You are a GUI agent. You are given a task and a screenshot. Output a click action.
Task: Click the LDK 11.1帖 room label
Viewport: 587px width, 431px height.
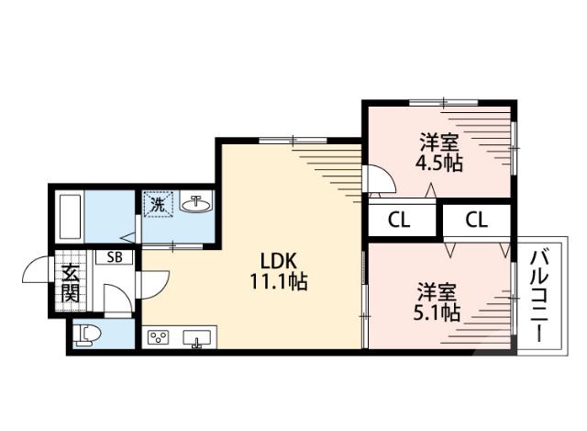click(278, 271)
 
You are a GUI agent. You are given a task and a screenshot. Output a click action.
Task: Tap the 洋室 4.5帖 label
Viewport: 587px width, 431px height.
click(439, 152)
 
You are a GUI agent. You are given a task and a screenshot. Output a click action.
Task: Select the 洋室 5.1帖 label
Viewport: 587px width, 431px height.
click(437, 302)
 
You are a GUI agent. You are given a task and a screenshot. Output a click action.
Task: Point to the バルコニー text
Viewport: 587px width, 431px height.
click(539, 297)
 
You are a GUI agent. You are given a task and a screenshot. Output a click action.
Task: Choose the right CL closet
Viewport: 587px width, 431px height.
click(477, 221)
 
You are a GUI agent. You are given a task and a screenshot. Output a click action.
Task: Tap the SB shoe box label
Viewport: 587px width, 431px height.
click(114, 257)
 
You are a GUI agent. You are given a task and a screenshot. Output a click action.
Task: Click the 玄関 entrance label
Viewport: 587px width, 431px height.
click(71, 283)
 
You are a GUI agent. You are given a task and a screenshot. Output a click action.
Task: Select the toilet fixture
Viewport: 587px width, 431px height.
click(87, 335)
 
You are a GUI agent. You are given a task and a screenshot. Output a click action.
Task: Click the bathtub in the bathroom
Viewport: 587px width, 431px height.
click(70, 218)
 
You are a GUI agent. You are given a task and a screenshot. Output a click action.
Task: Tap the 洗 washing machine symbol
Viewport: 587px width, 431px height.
click(158, 204)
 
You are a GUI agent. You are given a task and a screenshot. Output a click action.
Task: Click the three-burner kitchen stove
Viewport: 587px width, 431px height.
click(159, 337)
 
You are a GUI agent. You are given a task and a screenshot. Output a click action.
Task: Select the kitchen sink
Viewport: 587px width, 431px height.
click(196, 338)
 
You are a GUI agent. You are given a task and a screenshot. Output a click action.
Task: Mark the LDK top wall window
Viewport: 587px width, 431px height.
click(293, 141)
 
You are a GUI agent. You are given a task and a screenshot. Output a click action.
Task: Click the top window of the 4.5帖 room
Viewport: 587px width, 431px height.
click(444, 102)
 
